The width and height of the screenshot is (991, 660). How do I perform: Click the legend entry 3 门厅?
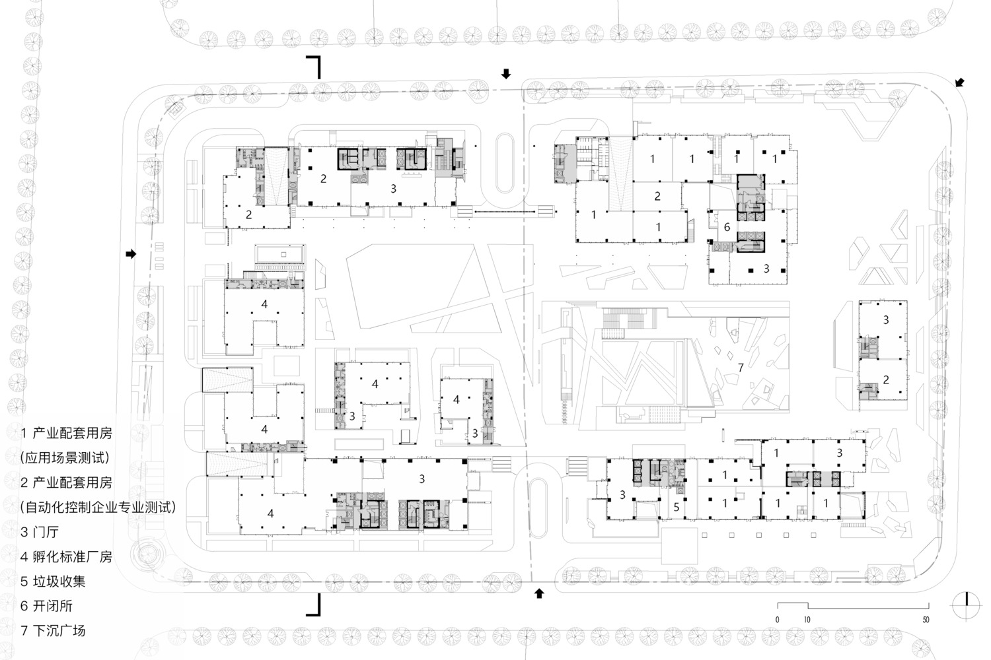(40, 532)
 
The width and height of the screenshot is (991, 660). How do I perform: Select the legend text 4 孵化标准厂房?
(66, 556)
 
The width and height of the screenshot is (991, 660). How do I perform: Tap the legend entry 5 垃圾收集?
(53, 581)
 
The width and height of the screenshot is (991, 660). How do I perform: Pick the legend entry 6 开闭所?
(46, 606)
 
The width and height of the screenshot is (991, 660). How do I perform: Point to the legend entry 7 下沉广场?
(53, 631)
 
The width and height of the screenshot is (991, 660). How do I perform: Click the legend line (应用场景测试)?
(65, 457)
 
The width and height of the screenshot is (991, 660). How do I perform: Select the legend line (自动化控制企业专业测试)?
(98, 507)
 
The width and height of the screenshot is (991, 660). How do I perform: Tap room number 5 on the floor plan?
(676, 508)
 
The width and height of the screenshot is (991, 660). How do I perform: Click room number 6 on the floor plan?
(727, 227)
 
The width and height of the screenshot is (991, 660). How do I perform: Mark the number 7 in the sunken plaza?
(741, 368)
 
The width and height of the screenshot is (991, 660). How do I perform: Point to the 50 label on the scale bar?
(926, 620)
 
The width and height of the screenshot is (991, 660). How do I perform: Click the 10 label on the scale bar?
(807, 620)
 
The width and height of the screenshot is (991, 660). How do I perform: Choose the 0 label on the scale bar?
(778, 620)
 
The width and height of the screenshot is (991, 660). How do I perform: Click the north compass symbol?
(967, 605)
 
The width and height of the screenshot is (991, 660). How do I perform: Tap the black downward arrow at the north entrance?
(506, 74)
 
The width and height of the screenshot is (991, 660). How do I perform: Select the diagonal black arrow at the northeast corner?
(959, 82)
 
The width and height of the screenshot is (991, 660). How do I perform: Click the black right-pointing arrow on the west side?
(131, 253)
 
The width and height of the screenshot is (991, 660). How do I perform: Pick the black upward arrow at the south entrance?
(539, 593)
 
